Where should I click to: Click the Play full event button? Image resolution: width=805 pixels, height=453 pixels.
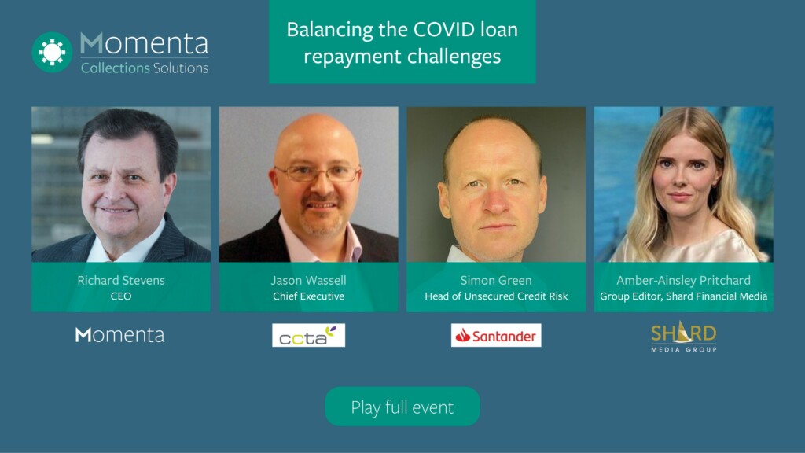coord(402,407)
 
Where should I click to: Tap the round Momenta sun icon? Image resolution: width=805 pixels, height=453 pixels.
coord(53,52)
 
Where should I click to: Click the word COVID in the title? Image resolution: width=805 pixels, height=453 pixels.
coord(445,29)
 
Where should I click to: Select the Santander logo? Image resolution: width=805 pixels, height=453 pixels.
coord(496,335)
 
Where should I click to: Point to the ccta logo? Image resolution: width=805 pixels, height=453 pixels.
coord(308,335)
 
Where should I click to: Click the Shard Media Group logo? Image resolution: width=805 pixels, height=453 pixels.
coord(683,337)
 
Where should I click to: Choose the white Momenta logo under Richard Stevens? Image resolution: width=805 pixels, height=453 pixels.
coord(120,335)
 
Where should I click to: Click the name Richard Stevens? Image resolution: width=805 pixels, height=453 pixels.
coord(121,280)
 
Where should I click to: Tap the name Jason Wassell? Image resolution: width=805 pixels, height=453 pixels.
coord(308,280)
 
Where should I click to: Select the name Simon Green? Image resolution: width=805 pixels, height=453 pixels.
coord(496,280)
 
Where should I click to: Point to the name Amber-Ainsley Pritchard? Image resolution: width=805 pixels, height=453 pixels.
coord(683,280)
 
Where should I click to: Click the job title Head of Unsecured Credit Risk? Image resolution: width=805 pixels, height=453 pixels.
coord(496,296)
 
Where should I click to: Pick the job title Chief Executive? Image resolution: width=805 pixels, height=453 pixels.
coord(308,296)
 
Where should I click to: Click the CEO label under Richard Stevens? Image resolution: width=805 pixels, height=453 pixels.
coord(121,296)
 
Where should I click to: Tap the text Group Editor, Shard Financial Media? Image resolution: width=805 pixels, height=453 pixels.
coord(683,296)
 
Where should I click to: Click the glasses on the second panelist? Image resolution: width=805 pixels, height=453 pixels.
coord(318,173)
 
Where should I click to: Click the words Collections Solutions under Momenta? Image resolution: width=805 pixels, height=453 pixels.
coord(145,68)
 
